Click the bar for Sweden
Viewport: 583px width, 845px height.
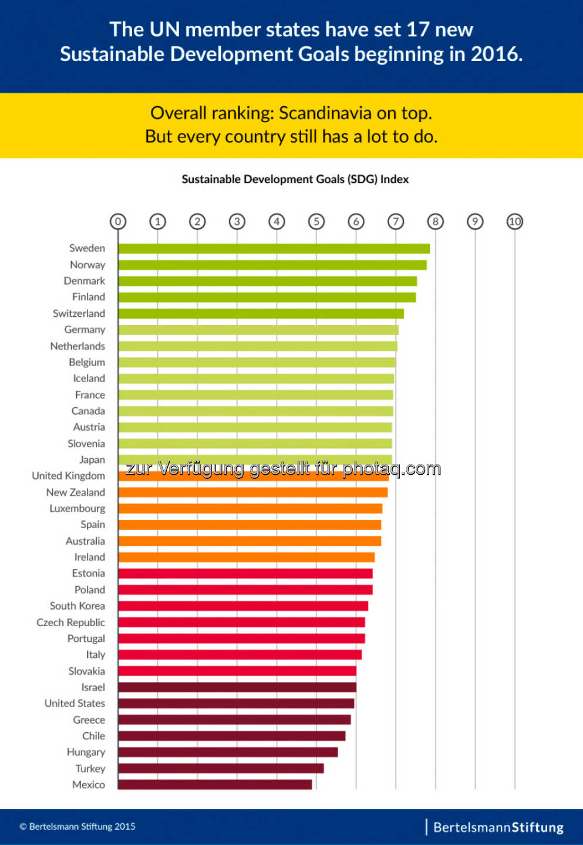pos(274,249)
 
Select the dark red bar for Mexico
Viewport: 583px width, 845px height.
pos(215,785)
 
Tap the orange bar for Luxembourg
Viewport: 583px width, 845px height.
pos(250,509)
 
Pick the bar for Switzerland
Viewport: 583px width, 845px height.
pos(261,314)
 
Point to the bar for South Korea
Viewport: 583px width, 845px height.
pos(243,606)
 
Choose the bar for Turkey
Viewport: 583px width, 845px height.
pos(221,769)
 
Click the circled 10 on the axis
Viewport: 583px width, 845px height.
pos(515,222)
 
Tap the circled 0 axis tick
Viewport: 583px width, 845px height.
pos(118,222)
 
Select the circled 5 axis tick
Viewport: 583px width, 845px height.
pos(316,222)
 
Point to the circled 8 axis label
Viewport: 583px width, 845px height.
pos(436,222)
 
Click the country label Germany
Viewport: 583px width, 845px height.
pos(85,330)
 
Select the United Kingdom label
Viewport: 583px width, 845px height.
pos(69,476)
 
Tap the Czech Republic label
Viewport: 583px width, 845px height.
pos(70,623)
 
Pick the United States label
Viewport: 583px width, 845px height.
pos(75,704)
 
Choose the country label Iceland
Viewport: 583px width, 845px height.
pos(89,378)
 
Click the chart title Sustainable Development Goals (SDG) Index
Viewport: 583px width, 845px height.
pos(295,180)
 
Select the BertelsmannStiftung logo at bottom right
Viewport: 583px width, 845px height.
pos(498,827)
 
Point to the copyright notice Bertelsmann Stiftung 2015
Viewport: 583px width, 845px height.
pos(77,827)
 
